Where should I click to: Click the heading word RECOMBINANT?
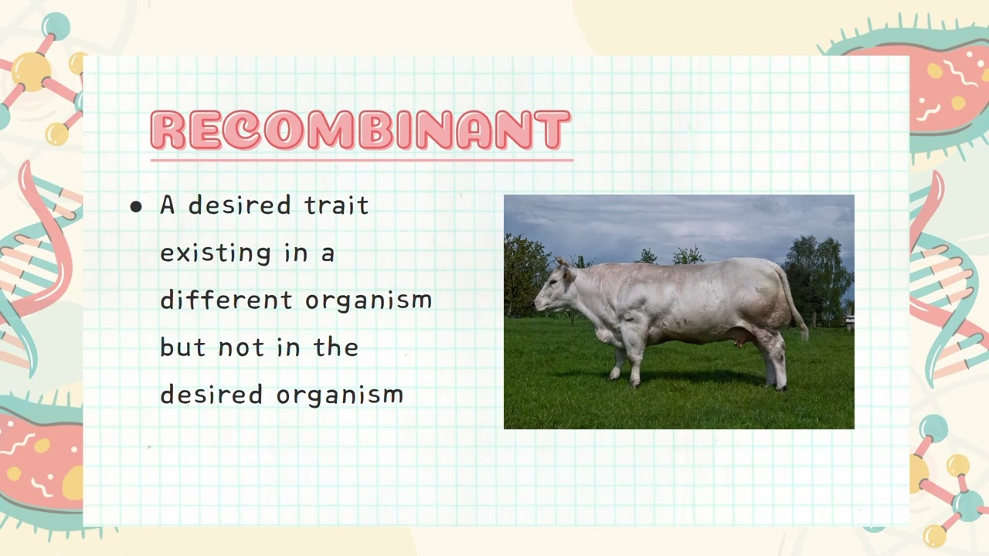point(360,130)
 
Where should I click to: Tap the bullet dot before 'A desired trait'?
point(137,206)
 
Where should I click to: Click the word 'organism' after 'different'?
point(369,301)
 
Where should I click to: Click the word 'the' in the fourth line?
point(335,347)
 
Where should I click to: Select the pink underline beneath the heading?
point(362,160)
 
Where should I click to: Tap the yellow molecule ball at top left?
point(32,72)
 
